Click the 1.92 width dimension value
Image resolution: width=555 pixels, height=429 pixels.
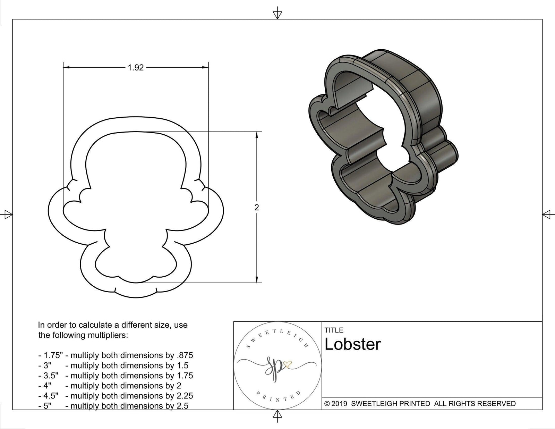(136, 68)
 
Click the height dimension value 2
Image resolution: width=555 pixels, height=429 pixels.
(256, 208)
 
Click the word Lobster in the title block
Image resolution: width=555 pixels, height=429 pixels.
(352, 344)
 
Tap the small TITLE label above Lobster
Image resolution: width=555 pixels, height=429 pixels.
(334, 330)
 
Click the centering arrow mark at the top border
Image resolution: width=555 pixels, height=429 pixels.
(277, 15)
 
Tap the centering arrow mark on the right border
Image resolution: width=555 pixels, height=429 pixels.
(547, 214)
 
